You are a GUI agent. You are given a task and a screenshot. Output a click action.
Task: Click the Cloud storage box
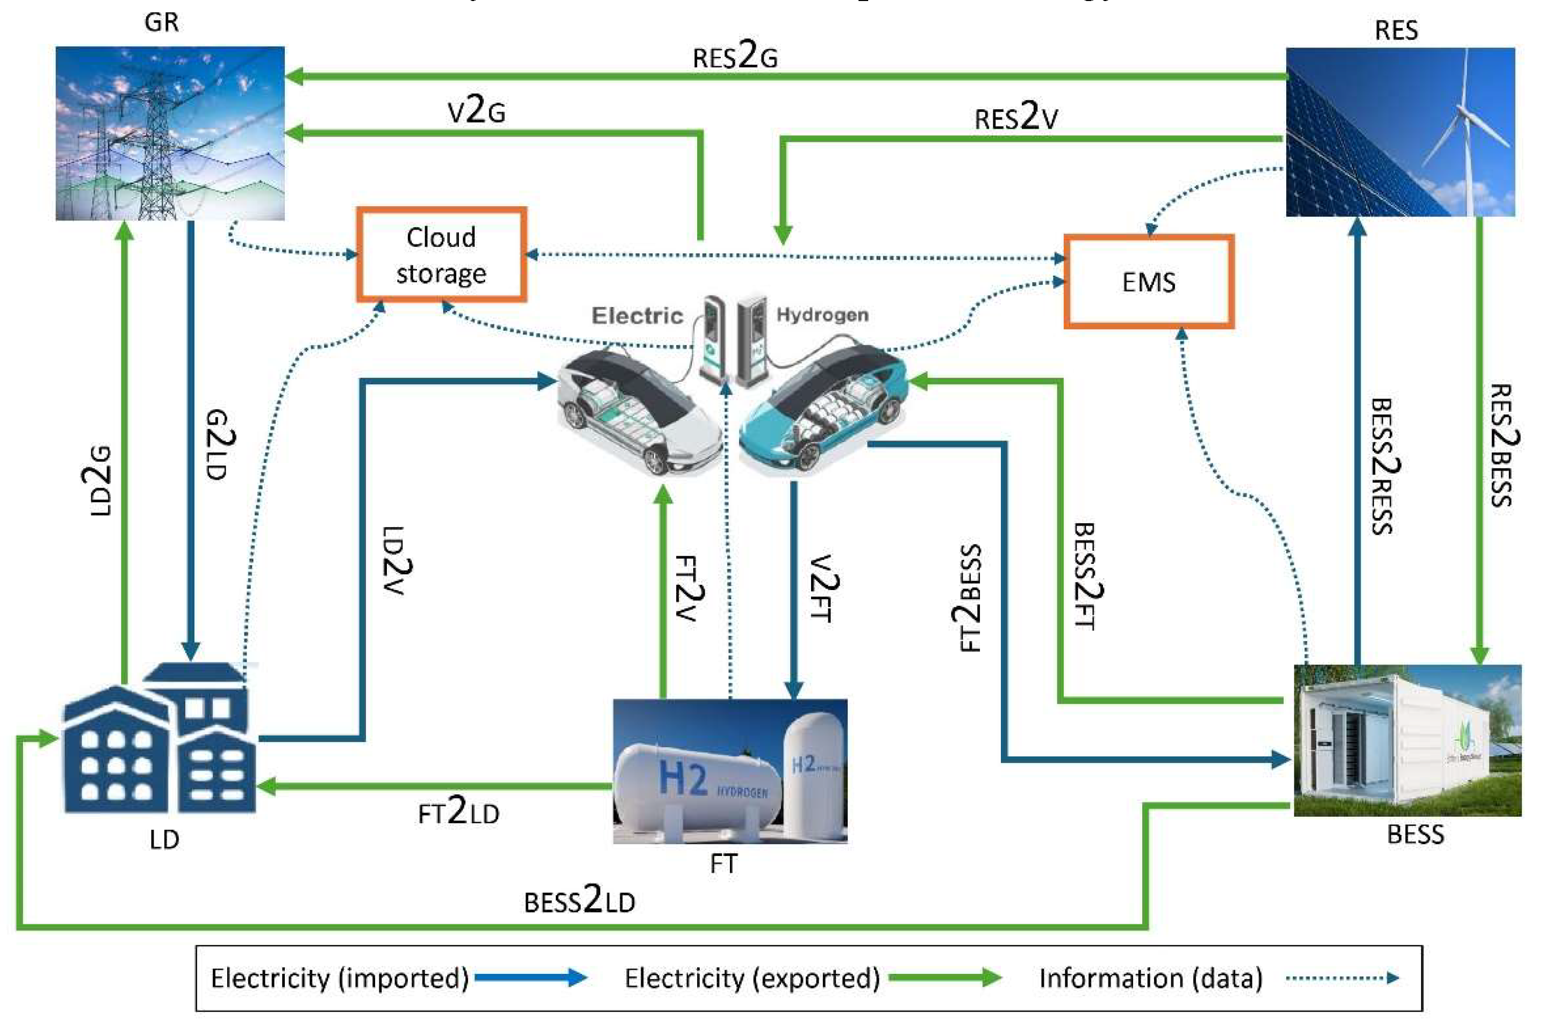pyautogui.click(x=441, y=255)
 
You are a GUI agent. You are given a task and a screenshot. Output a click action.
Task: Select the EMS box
pyautogui.click(x=1148, y=282)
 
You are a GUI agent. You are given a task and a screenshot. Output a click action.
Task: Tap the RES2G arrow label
pyautogui.click(x=735, y=57)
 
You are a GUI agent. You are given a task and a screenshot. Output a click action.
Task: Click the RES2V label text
pyautogui.click(x=1016, y=118)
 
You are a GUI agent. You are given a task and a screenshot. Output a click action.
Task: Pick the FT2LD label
pyautogui.click(x=458, y=812)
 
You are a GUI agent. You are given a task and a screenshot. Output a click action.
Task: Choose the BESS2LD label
pyautogui.click(x=579, y=900)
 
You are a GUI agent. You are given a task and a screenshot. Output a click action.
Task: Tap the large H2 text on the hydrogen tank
pyautogui.click(x=682, y=778)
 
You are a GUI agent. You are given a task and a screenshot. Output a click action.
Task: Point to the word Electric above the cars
pyautogui.click(x=637, y=315)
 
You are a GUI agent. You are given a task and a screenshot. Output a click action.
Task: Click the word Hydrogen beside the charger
pyautogui.click(x=822, y=315)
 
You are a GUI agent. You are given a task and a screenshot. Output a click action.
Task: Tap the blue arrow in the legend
pyautogui.click(x=530, y=977)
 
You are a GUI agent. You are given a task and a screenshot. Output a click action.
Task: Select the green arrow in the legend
pyautogui.click(x=945, y=977)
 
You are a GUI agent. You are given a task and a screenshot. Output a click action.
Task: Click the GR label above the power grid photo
pyautogui.click(x=161, y=22)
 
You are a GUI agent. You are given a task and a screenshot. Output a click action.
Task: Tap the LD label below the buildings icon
pyautogui.click(x=164, y=839)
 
